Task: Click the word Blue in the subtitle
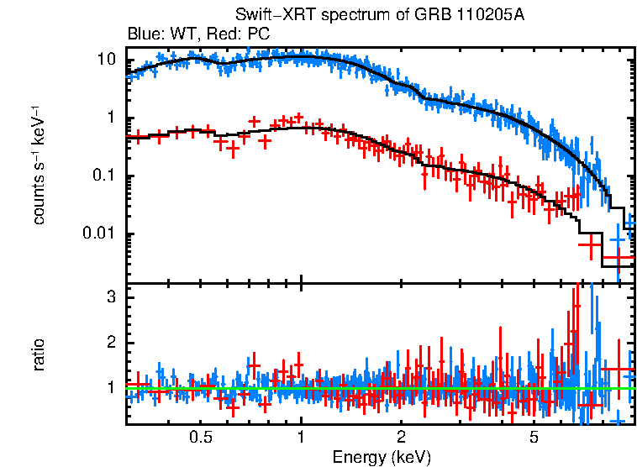click(141, 34)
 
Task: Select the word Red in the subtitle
click(213, 34)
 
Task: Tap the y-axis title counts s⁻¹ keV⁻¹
click(39, 165)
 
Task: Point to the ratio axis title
click(39, 355)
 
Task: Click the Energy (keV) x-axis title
click(382, 457)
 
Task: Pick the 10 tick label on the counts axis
click(106, 60)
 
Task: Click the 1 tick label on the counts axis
click(110, 118)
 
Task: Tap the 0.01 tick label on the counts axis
click(99, 233)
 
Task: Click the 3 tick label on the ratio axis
click(110, 298)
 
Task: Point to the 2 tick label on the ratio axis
click(110, 344)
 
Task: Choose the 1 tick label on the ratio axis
click(110, 388)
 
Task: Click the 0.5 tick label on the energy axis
click(200, 438)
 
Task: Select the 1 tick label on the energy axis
click(301, 438)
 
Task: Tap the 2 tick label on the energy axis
click(402, 438)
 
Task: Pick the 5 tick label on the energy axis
click(534, 438)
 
